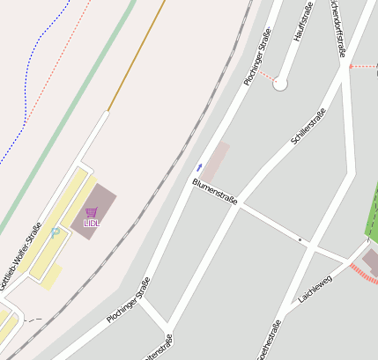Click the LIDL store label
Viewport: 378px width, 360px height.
pyautogui.click(x=92, y=224)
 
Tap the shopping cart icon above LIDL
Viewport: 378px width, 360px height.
pyautogui.click(x=92, y=212)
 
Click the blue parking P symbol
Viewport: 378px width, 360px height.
pyautogui.click(x=56, y=232)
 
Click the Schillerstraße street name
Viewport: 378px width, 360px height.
pyautogui.click(x=308, y=126)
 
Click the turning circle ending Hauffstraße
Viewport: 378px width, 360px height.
pyautogui.click(x=280, y=84)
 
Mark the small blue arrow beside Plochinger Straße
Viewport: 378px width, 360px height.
pyautogui.click(x=199, y=166)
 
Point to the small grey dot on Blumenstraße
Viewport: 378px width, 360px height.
pyautogui.click(x=300, y=239)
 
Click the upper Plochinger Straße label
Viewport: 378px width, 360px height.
pyautogui.click(x=256, y=57)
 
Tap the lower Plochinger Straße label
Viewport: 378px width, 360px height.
pyautogui.click(x=129, y=300)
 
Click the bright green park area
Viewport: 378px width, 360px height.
pyautogui.click(x=372, y=216)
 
